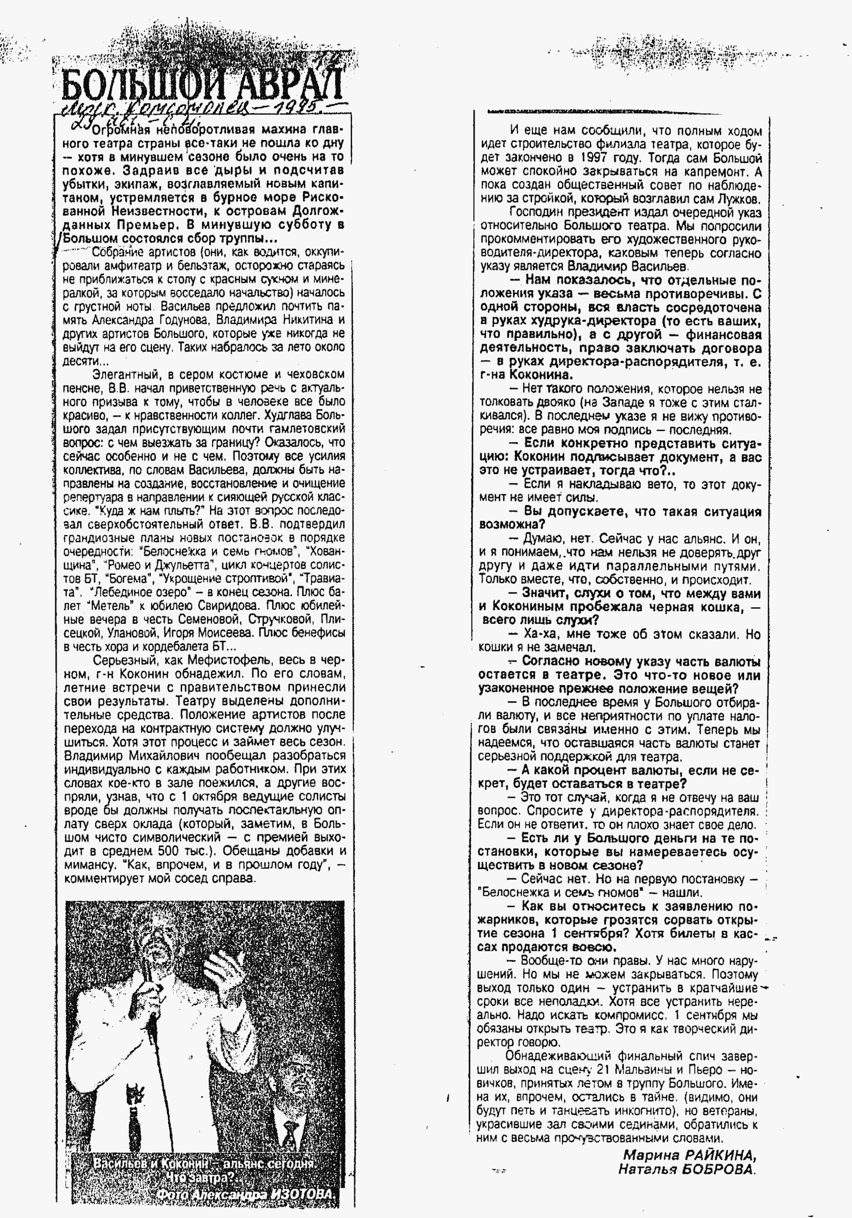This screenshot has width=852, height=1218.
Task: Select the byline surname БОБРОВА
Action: click(721, 1169)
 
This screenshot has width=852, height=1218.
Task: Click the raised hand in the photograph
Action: click(223, 955)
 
